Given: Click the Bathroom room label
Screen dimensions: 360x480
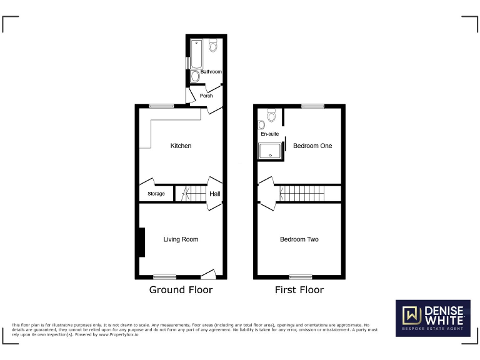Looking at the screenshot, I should tap(211, 72).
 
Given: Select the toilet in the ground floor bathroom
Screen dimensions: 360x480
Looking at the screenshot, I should tap(213, 45).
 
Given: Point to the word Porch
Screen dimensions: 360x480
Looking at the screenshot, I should tap(206, 96).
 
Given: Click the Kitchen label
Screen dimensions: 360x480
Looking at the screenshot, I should tap(181, 146).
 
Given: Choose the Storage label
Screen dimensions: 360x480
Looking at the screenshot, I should tap(156, 194).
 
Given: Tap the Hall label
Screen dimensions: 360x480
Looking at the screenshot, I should tap(214, 194).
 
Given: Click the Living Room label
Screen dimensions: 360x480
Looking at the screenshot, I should tap(181, 239).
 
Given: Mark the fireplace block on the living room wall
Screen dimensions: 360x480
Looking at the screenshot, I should tap(142, 242).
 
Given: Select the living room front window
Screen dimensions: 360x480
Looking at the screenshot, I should tap(164, 276).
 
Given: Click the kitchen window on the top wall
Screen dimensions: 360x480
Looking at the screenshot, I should tap(161, 106).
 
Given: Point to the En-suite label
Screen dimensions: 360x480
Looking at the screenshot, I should tap(269, 134).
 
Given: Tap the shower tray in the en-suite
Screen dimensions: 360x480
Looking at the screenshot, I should tap(271, 150).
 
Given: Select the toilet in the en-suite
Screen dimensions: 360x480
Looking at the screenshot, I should tap(270, 117).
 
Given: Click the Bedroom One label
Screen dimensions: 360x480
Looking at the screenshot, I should tap(312, 146).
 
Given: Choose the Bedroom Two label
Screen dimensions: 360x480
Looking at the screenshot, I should tap(299, 239).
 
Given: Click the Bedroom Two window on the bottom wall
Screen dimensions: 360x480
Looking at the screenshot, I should tap(301, 276).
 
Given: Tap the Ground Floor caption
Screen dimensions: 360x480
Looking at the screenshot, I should tap(181, 290).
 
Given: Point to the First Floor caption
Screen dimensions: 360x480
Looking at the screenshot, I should tap(299, 290).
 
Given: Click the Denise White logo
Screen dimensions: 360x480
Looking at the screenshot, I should tap(432, 317).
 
